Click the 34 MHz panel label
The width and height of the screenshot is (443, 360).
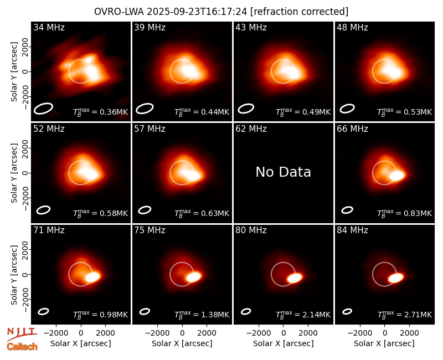(49, 27)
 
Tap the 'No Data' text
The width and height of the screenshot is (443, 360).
(284, 172)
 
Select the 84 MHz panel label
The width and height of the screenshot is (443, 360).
(352, 230)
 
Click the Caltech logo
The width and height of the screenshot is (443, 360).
(22, 347)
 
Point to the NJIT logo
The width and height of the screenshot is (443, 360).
(22, 334)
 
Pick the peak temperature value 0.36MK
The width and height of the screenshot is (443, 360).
(114, 112)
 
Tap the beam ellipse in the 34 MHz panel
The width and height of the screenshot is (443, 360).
(43, 109)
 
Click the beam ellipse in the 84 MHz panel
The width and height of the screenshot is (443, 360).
(347, 311)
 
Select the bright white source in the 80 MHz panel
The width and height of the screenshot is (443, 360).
(295, 278)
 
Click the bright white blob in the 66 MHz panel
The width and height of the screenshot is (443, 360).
(397, 176)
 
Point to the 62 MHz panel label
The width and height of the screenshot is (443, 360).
(251, 129)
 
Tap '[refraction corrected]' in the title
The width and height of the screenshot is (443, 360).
(300, 12)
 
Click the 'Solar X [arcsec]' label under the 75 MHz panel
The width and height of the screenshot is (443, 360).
(182, 343)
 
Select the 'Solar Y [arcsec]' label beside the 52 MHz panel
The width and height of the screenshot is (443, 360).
(14, 173)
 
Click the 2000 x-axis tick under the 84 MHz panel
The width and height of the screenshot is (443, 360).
(409, 333)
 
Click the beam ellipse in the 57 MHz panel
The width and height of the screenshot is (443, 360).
(145, 210)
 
